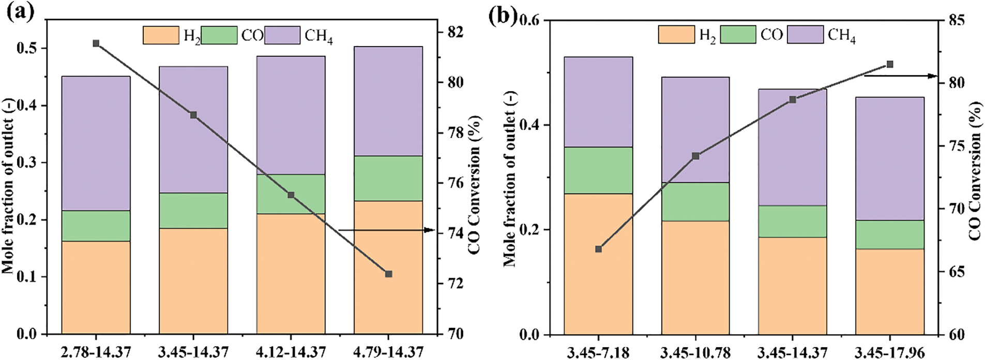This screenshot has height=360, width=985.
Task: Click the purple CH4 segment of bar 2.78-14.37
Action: (96, 143)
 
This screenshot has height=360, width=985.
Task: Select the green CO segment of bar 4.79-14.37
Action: (388, 178)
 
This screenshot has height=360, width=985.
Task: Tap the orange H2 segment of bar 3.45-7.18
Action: (598, 264)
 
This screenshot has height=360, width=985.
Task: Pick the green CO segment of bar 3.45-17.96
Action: (889, 234)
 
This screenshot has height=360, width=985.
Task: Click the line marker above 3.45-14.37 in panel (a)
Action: (193, 115)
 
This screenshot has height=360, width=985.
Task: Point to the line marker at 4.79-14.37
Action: (389, 274)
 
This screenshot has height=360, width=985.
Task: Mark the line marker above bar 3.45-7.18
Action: (598, 249)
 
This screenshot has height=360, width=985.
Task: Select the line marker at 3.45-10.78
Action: (695, 156)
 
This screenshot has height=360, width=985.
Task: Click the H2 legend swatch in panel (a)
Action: (161, 35)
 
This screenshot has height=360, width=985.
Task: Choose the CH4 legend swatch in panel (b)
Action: (805, 35)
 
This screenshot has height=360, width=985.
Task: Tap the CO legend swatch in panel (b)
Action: (737, 35)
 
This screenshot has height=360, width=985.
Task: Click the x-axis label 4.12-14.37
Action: (291, 352)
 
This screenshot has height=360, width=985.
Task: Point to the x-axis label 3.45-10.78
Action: (695, 353)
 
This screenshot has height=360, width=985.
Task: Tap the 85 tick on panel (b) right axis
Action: (956, 20)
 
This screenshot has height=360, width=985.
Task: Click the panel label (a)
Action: (20, 11)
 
